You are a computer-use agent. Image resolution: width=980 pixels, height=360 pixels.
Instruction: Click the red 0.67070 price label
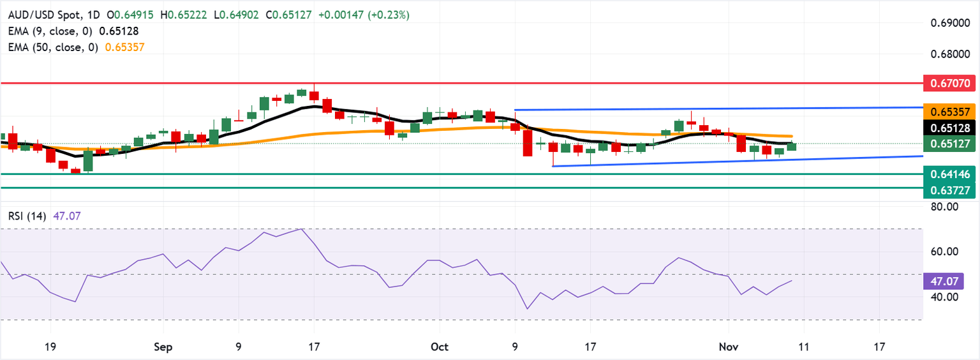(x=951, y=83)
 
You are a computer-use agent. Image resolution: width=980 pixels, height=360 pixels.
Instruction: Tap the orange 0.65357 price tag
(x=951, y=112)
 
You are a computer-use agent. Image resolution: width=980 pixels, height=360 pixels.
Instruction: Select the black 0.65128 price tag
(x=951, y=128)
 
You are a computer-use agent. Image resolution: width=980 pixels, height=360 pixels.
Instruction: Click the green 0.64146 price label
(x=951, y=173)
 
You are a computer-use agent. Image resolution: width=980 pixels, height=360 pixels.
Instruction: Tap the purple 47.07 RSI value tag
(x=942, y=280)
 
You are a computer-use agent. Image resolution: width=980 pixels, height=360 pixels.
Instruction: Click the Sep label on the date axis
(x=163, y=347)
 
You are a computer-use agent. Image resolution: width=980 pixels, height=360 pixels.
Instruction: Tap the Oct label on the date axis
(x=440, y=347)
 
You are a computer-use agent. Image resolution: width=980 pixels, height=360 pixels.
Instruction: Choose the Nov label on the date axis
(x=728, y=347)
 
